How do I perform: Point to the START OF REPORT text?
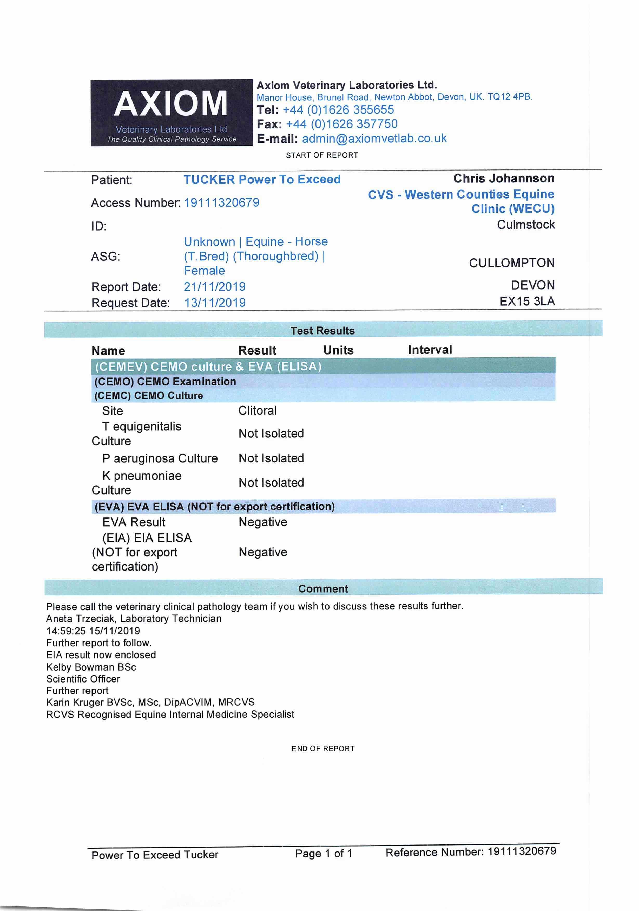tap(322, 155)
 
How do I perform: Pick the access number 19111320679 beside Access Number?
tap(221, 203)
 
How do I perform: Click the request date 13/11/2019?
tap(215, 303)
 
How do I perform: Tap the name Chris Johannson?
tap(504, 179)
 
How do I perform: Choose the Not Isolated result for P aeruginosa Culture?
tap(271, 458)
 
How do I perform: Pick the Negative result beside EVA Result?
tap(262, 522)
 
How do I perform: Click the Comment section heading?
tap(323, 589)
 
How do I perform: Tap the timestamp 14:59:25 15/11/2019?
tap(93, 631)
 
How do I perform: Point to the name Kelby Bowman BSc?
tap(91, 667)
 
